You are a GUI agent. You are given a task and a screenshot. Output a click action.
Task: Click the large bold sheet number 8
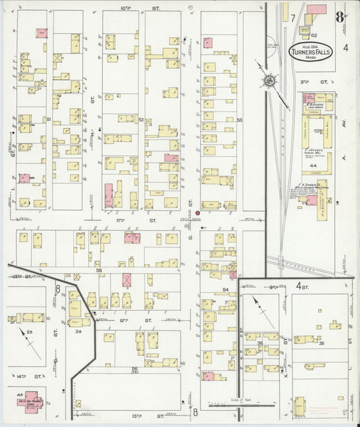(x=340, y=15)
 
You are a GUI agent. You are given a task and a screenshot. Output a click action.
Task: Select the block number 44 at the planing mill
(x=313, y=166)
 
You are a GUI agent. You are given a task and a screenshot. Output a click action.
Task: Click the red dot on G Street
(x=198, y=214)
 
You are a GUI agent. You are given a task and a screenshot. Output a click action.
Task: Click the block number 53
(x=239, y=120)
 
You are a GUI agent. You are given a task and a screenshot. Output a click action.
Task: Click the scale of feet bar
(x=242, y=405)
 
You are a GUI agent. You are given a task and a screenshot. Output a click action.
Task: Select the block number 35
(x=322, y=344)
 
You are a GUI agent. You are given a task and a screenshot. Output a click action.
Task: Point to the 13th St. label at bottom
(x=138, y=416)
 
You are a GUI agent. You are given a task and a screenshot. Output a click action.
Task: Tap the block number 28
(x=30, y=332)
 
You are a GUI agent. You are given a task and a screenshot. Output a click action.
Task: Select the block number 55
(x=99, y=270)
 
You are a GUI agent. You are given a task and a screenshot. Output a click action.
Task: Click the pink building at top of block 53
(x=208, y=43)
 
